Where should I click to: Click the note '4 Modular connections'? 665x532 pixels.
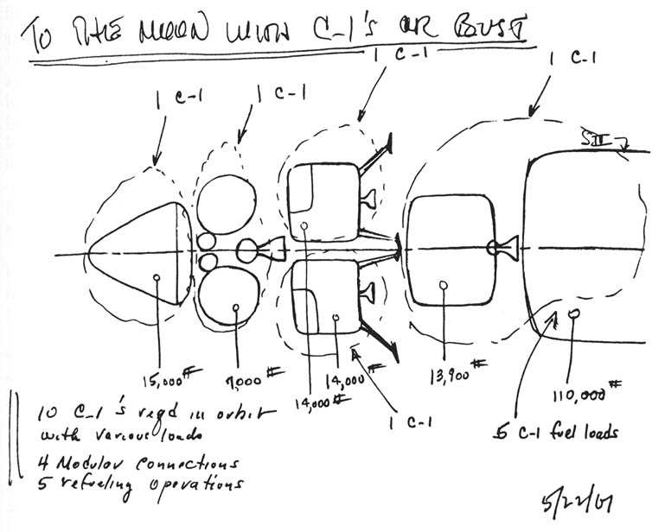(126, 465)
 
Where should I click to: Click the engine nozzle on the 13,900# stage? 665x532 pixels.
(502, 249)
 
